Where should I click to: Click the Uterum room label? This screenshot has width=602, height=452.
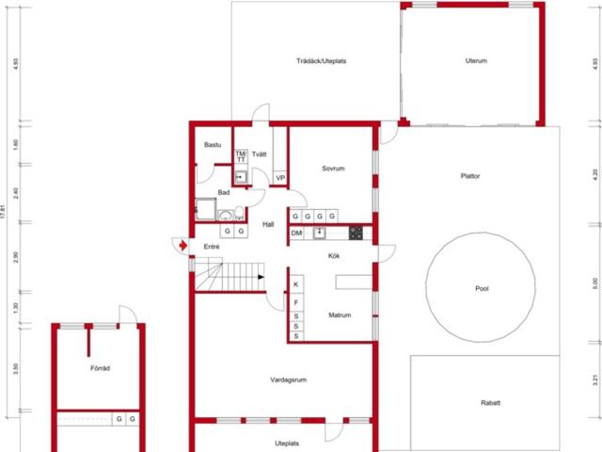(476, 61)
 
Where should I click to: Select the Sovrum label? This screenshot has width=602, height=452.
(333, 169)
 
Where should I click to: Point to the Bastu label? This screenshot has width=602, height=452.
(213, 145)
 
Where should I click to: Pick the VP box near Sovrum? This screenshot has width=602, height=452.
(280, 178)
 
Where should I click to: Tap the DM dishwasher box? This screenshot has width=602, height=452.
(296, 233)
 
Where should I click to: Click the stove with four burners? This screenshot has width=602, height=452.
(356, 233)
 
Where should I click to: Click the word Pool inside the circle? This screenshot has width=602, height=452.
(483, 289)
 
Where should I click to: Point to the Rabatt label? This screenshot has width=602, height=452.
(490, 403)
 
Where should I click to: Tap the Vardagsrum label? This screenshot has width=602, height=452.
(290, 379)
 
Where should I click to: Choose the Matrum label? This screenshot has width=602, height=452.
(339, 315)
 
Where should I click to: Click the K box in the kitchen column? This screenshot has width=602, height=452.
(295, 284)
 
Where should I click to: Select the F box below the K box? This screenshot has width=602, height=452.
(295, 302)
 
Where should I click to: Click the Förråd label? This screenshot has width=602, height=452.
(100, 368)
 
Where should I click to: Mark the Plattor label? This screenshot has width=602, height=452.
(470, 175)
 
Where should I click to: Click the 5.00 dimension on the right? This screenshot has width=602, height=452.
(595, 281)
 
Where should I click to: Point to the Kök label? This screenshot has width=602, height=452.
(333, 255)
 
